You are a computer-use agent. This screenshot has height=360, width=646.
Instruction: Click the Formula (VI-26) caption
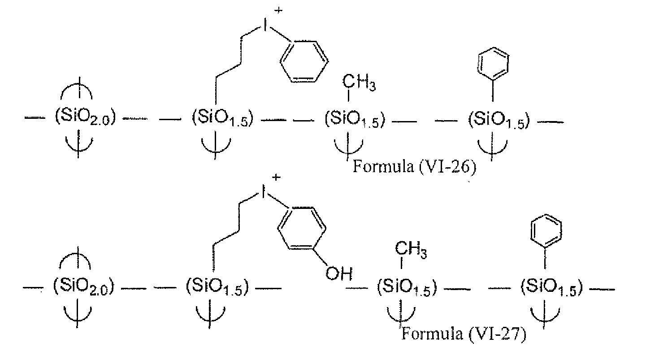[x=414, y=167]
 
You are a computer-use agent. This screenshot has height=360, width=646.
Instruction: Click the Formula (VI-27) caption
[x=464, y=334]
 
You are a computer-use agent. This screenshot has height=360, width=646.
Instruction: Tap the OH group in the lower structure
[x=339, y=273]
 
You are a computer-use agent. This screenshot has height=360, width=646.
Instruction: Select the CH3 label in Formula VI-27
[x=411, y=250]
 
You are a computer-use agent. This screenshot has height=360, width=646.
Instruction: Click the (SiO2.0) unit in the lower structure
[x=84, y=286]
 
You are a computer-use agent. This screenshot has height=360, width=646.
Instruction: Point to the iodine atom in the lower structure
[x=263, y=191]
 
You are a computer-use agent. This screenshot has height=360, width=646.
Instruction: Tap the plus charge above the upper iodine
[x=278, y=11]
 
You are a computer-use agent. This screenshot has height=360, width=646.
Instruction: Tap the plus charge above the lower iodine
[x=276, y=177]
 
